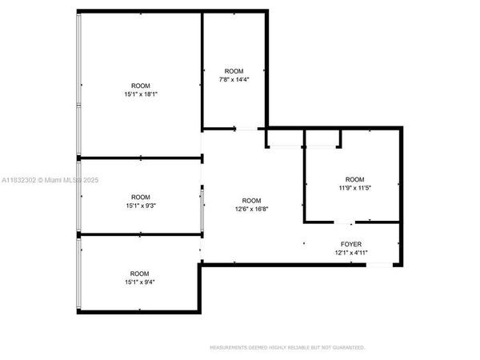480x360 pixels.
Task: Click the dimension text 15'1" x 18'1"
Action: (140, 94)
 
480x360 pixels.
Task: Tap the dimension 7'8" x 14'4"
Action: (234, 79)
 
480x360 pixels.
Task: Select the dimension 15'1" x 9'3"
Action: (140, 206)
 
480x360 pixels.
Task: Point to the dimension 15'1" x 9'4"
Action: (140, 282)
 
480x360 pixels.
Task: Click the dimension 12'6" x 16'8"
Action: (251, 209)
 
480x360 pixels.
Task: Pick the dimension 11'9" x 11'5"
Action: (354, 187)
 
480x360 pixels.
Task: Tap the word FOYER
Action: (351, 245)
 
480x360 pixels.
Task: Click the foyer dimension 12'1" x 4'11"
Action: (351, 253)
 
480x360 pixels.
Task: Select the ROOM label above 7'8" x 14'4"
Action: (234, 71)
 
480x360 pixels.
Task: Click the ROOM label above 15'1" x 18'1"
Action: (140, 86)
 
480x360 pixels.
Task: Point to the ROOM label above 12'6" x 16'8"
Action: (251, 200)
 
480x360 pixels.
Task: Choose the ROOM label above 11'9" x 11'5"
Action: (354, 178)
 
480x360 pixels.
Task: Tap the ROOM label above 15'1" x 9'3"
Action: (140, 197)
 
